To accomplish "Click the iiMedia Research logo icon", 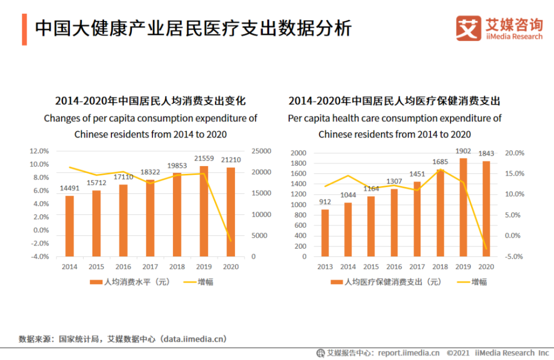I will click(468, 28).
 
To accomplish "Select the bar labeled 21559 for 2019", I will click(204, 211).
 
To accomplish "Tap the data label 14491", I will click(69, 188).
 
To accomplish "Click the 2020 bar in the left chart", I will click(230, 212).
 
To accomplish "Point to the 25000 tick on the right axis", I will click(261, 151).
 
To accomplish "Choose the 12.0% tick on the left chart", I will click(39, 151).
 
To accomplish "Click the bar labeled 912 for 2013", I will click(325, 233).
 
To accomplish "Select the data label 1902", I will click(463, 150).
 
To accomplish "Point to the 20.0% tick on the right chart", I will click(515, 153).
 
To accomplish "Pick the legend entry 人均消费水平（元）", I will click(130, 282).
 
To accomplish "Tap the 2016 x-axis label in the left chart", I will click(123, 267).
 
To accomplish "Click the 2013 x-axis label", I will click(325, 267).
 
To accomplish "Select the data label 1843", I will click(486, 153).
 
